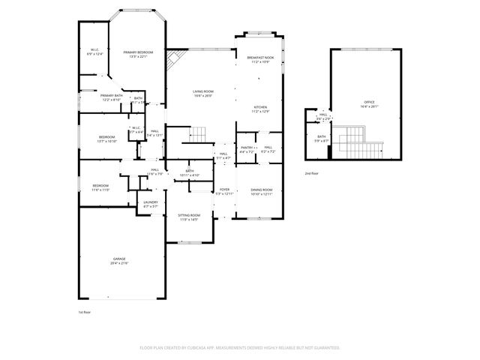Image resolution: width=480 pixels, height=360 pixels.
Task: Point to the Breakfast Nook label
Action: (x=257, y=58)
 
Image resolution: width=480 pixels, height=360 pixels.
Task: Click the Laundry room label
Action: (x=150, y=204)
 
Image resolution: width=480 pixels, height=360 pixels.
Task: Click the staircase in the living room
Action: (x=197, y=135)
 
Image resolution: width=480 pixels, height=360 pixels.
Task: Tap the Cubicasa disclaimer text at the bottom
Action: (x=240, y=348)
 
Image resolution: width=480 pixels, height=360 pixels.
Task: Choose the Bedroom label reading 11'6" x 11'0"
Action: (x=100, y=187)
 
